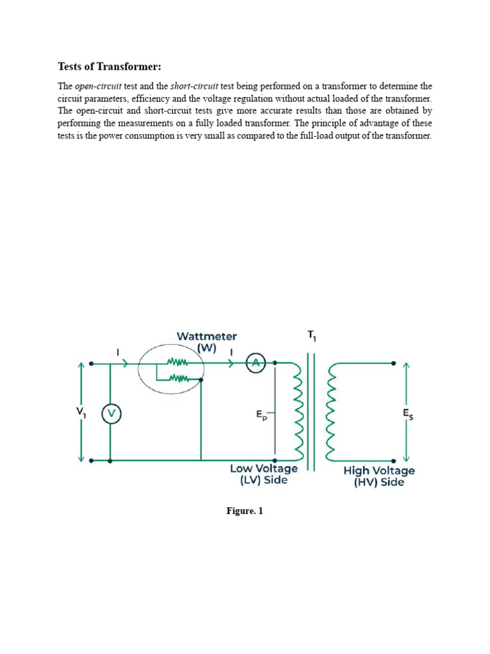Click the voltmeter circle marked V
point(111,414)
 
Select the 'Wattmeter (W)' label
point(206,342)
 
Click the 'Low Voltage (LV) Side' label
point(264,474)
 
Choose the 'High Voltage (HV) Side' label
point(379,476)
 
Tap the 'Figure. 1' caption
point(245,511)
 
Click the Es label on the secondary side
point(408,414)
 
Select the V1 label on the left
point(82,412)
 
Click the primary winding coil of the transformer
point(299,412)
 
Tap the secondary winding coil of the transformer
point(330,412)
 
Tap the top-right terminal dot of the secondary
point(394,363)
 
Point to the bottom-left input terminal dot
point(92,460)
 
